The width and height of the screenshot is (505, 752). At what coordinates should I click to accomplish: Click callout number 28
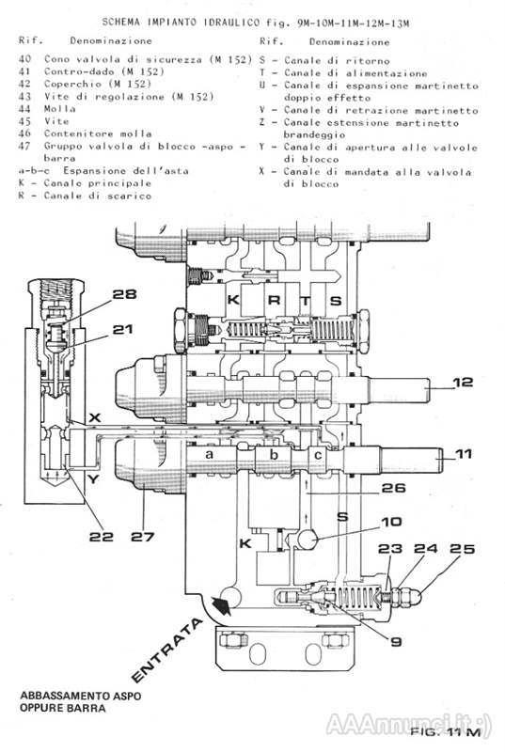124,294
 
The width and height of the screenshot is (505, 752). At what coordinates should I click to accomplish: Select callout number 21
122,330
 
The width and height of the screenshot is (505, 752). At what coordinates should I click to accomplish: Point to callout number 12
463,383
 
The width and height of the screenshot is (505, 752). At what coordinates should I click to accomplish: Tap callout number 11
464,453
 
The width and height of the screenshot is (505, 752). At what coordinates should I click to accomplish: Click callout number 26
393,488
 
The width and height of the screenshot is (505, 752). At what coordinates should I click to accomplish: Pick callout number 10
392,522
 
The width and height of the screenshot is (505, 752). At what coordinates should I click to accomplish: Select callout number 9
396,642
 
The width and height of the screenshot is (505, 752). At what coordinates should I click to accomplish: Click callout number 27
142,536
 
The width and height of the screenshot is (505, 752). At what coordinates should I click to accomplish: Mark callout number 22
102,536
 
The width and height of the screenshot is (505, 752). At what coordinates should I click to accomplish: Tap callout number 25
463,549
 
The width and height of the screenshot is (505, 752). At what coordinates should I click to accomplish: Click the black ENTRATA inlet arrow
221,605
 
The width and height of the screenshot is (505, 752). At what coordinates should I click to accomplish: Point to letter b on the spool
274,454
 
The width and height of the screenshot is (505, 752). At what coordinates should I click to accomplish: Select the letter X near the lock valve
95,417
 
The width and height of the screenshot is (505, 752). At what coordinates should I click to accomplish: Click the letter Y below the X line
93,478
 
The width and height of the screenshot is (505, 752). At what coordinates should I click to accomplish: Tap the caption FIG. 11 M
446,732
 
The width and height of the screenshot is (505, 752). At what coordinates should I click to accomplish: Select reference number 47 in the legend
24,146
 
